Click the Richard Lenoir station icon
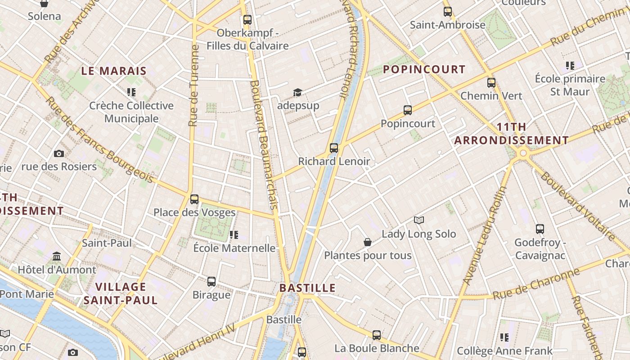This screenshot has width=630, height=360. pyautogui.click(x=333, y=148)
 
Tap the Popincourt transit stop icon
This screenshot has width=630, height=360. pyautogui.click(x=407, y=110)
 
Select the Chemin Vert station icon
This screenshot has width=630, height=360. pyautogui.click(x=491, y=82)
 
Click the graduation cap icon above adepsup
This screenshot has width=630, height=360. pyautogui.click(x=297, y=92)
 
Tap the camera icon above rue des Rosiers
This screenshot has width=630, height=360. pyautogui.click(x=58, y=153)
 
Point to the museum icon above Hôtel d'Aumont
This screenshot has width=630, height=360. pyautogui.click(x=57, y=256)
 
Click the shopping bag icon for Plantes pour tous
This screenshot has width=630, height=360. pyautogui.click(x=368, y=242)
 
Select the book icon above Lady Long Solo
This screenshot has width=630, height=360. pyautogui.click(x=419, y=220)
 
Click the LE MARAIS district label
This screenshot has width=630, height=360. pyautogui.click(x=114, y=71)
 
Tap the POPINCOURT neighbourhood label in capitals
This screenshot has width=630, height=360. pyautogui.click(x=424, y=69)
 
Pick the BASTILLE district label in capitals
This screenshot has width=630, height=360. pyautogui.click(x=307, y=288)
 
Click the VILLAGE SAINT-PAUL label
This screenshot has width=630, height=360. pyautogui.click(x=121, y=293)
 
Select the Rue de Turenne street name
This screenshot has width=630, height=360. pyautogui.click(x=194, y=85)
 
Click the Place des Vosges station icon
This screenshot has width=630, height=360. pyautogui.click(x=194, y=199)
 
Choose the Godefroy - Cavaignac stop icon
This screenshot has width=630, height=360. pyautogui.click(x=540, y=229)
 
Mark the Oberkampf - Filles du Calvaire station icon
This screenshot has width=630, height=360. pyautogui.click(x=247, y=19)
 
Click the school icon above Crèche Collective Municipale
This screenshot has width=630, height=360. pyautogui.click(x=131, y=92)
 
